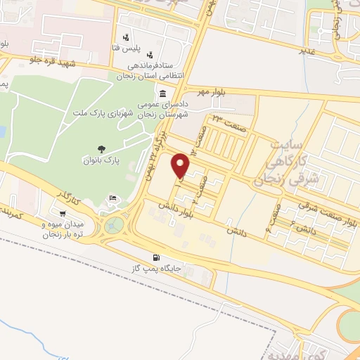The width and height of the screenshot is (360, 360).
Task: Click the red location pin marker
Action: [181, 166]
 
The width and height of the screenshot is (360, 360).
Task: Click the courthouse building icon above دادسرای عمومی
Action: [162, 94]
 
